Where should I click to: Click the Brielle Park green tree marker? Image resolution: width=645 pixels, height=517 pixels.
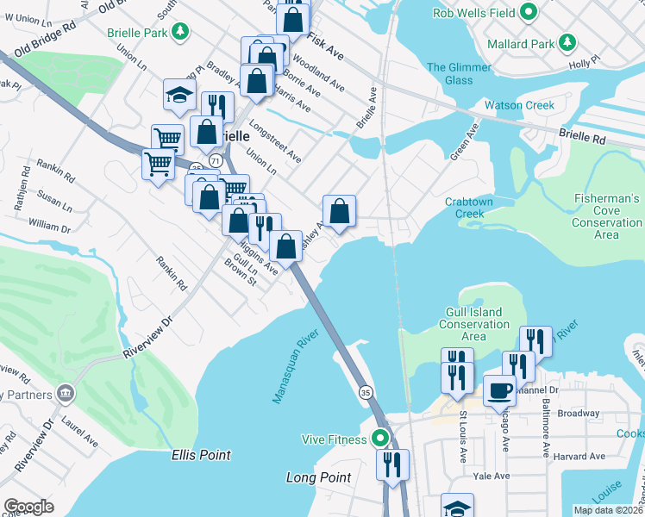tap(179, 33)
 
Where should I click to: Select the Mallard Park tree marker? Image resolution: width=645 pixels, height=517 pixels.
tap(567, 42)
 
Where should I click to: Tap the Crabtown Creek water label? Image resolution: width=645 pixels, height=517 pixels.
tap(470, 208)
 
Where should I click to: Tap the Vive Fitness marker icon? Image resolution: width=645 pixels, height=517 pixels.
tap(380, 439)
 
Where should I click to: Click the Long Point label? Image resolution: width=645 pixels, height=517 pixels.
tap(318, 477)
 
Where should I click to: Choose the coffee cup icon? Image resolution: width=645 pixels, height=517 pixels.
tap(499, 389)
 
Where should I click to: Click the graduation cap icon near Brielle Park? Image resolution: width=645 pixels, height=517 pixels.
tap(178, 96)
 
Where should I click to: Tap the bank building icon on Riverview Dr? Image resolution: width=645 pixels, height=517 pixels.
tap(66, 394)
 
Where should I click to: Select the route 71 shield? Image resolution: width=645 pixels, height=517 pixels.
tap(215, 161)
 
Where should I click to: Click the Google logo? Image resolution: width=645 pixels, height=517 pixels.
tap(28, 506)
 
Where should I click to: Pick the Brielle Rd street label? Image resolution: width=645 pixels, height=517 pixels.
tap(582, 137)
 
